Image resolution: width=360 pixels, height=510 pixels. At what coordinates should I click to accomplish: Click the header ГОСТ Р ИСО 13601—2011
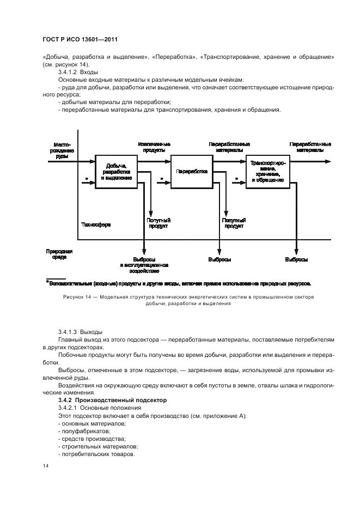pyautogui.click(x=81, y=40)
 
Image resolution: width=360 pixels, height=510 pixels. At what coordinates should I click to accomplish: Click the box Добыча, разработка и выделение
pyautogui.click(x=116, y=172)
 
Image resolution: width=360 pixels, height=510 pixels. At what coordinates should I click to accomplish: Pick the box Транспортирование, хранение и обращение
pyautogui.click(x=267, y=171)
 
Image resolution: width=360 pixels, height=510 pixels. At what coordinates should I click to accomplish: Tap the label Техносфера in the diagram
pyautogui.click(x=95, y=224)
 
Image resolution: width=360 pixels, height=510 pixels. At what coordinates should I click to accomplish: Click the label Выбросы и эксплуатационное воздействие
pyautogui.click(x=144, y=265)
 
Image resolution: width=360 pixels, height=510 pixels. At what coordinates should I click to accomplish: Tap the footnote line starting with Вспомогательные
pyautogui.click(x=180, y=284)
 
